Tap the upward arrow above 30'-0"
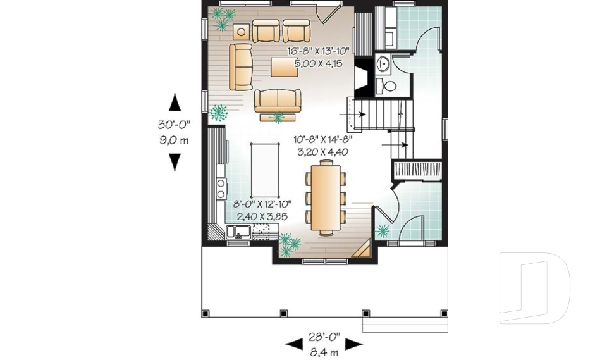(175, 102)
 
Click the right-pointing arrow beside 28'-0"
(353, 344)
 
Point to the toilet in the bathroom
(389, 85)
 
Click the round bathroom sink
(384, 64)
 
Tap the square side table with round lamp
(240, 32)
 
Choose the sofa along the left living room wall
(240, 66)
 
